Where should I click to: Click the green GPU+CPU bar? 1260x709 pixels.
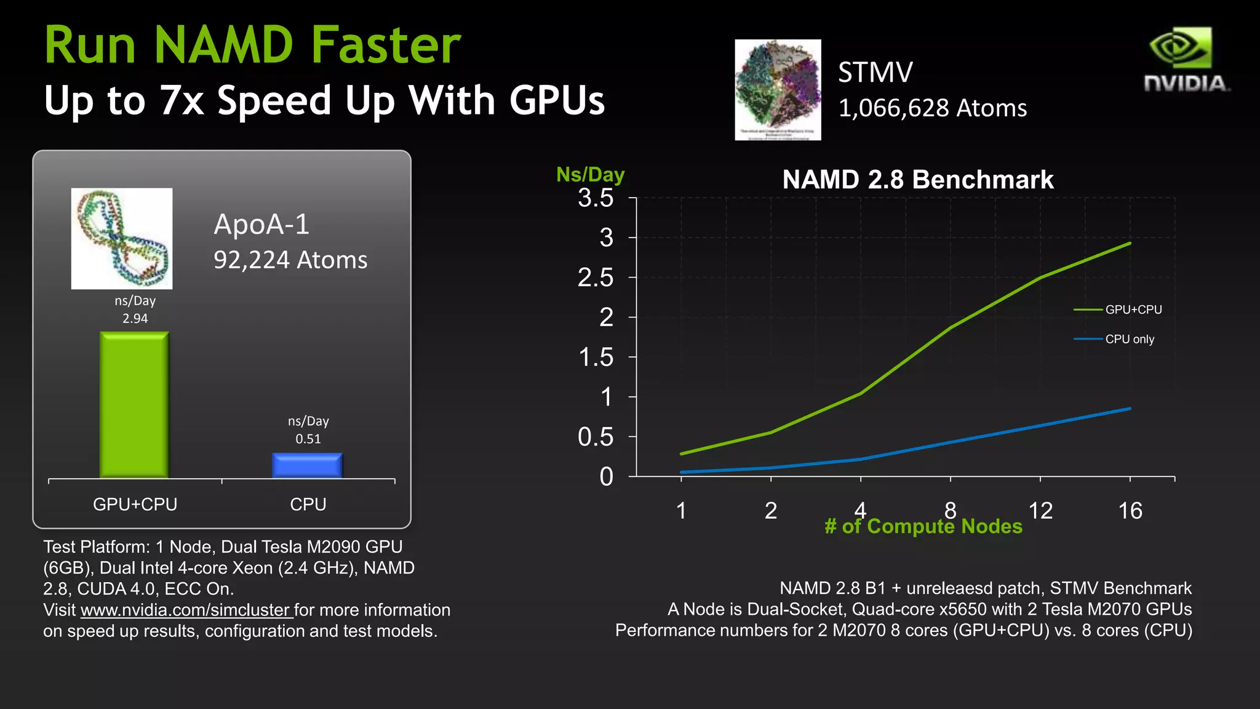(134, 405)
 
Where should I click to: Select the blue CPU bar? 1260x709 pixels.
(307, 465)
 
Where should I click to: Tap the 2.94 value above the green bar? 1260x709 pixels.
(135, 318)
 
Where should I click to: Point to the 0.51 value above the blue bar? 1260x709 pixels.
(308, 439)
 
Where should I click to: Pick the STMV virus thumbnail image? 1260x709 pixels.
(778, 90)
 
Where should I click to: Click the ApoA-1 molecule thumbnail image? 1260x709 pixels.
(122, 238)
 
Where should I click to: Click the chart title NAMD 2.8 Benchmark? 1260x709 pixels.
(917, 180)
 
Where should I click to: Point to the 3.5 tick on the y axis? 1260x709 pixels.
(596, 198)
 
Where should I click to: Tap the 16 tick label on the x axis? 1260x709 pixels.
(1130, 511)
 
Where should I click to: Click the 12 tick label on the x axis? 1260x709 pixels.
(1040, 511)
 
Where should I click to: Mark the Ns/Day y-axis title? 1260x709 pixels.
(590, 175)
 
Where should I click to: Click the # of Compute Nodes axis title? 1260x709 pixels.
(923, 527)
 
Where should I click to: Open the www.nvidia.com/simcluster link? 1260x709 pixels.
(185, 610)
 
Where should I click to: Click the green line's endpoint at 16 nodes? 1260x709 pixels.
(1130, 244)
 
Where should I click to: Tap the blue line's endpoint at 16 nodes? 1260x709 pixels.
(1130, 409)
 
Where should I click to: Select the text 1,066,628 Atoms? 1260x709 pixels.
(932, 108)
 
